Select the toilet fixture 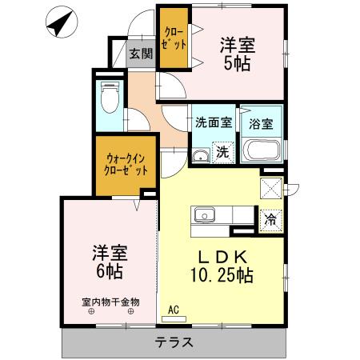tap(108, 97)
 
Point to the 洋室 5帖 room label tap(238, 54)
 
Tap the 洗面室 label tap(214, 124)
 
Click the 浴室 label tap(261, 125)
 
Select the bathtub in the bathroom tap(262, 150)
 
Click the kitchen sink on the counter tap(205, 215)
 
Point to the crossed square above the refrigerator tap(270, 188)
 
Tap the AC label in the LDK tap(175, 307)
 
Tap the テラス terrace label tap(173, 342)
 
